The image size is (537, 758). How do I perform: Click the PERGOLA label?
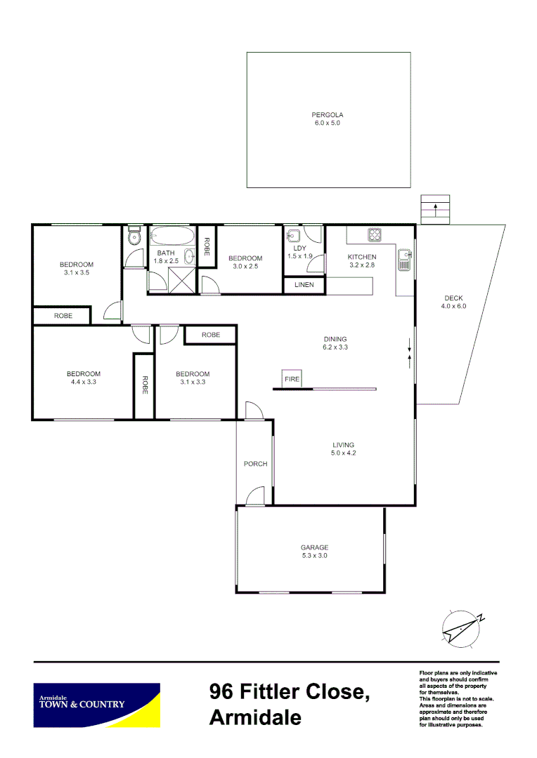click(328, 114)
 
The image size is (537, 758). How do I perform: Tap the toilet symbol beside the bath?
click(134, 238)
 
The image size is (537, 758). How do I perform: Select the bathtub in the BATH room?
click(173, 236)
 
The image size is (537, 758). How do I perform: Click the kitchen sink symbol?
click(404, 261)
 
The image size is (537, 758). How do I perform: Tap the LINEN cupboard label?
click(304, 285)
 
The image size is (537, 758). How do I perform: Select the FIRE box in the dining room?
click(292, 379)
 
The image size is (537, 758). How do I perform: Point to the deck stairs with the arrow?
click(435, 209)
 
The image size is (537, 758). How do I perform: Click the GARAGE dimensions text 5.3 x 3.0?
click(314, 556)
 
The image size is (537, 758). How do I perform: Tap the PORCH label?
click(255, 464)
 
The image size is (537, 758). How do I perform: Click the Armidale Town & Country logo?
click(97, 705)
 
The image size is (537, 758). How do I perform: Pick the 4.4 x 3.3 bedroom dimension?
click(83, 382)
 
